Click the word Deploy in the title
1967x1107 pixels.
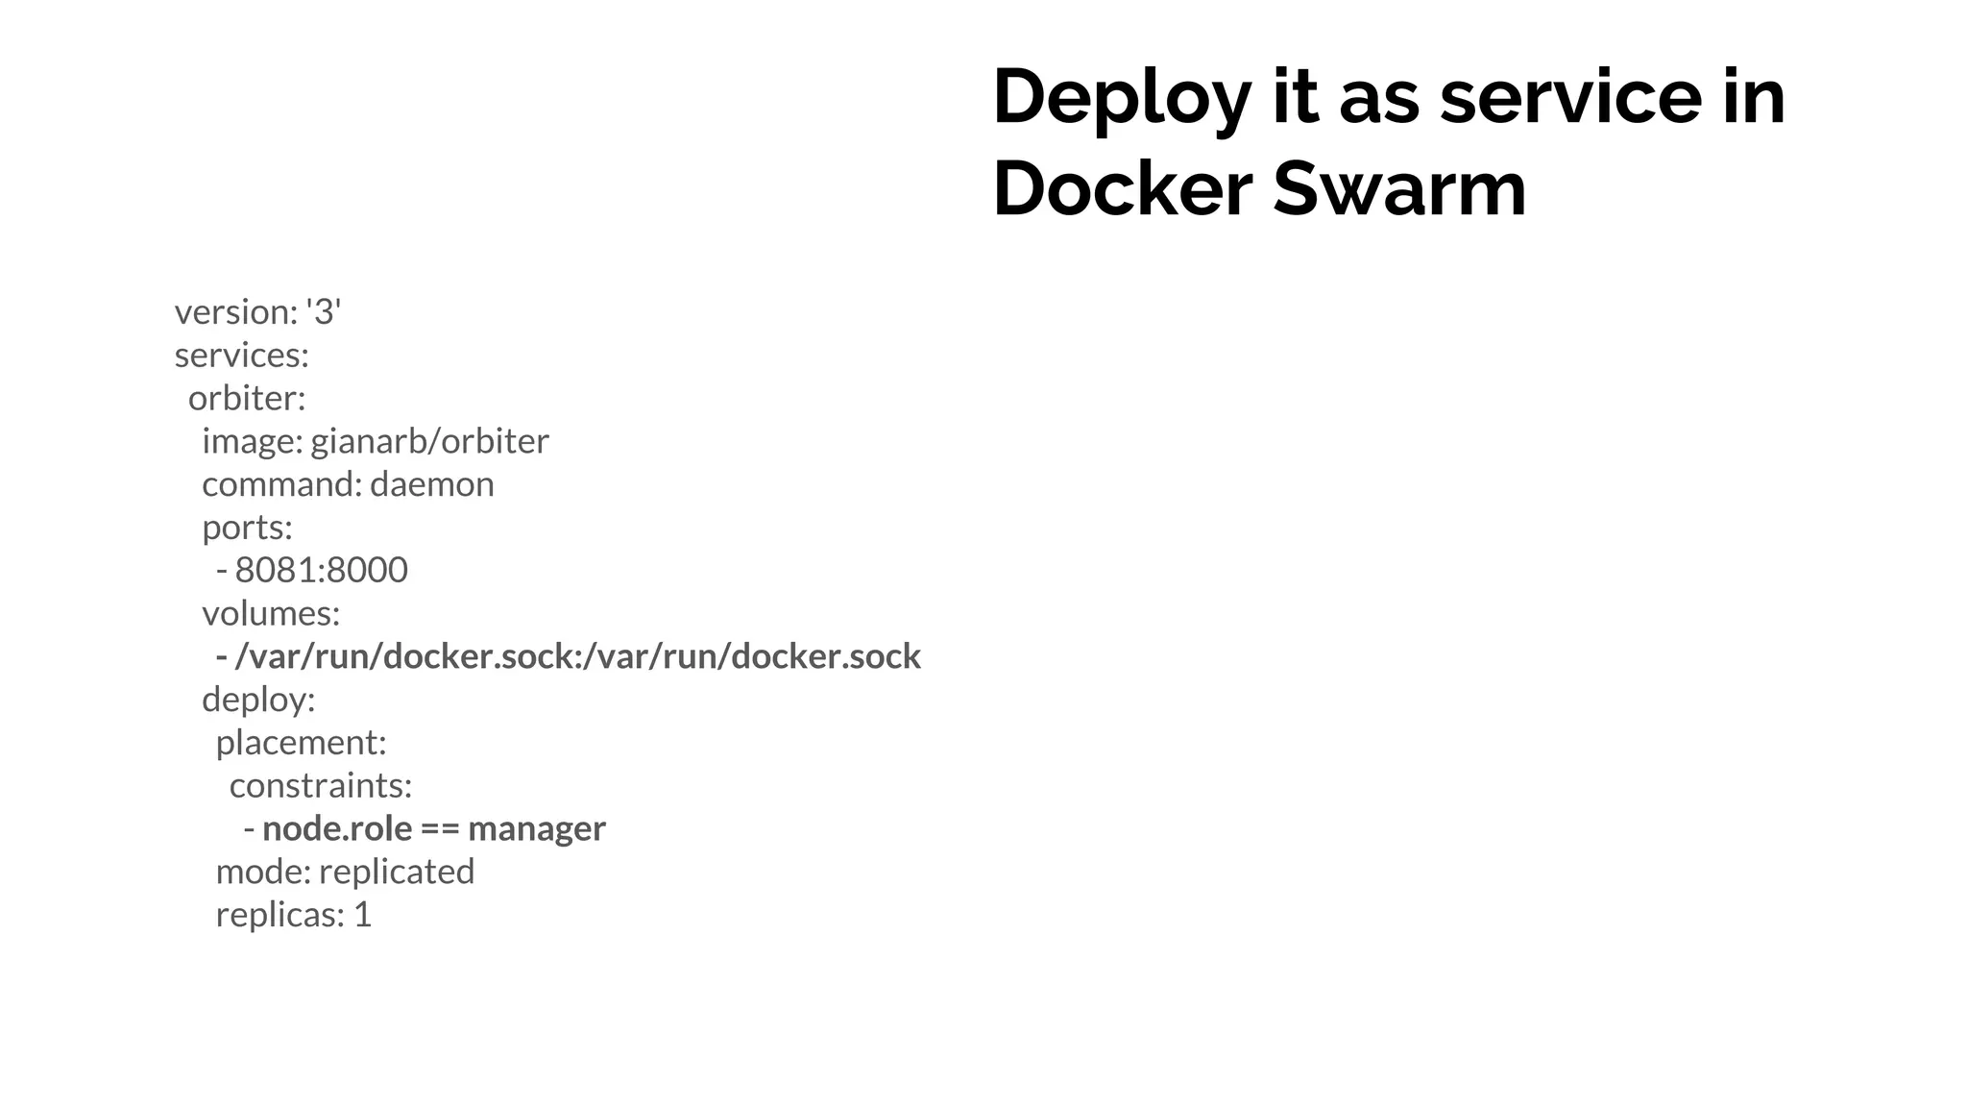click(1121, 99)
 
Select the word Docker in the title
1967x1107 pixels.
click(1122, 189)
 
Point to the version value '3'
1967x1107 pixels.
click(324, 312)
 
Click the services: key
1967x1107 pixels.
click(241, 356)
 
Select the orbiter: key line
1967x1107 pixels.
click(246, 398)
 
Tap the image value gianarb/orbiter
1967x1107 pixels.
click(429, 441)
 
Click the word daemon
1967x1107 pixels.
click(431, 484)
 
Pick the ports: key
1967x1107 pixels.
click(247, 528)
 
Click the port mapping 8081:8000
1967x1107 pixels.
click(321, 571)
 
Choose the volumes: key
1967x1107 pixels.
click(271, 613)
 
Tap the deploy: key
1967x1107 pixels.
click(258, 700)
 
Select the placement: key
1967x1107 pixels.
click(301, 743)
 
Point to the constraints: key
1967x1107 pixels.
click(321, 786)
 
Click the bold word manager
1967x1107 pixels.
click(537, 828)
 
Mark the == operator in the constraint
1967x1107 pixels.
click(440, 829)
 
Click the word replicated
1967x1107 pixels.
click(396, 872)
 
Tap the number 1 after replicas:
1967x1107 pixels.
click(362, 915)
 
